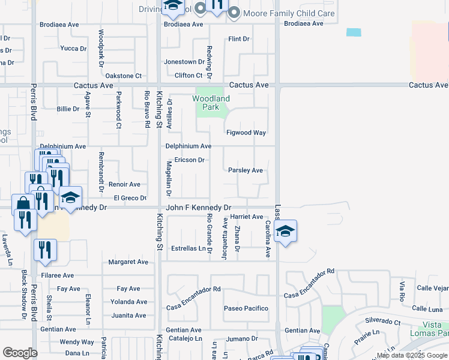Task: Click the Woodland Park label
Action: pyautogui.click(x=211, y=103)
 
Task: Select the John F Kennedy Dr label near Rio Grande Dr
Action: pyautogui.click(x=198, y=208)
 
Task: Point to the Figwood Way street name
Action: pyautogui.click(x=246, y=133)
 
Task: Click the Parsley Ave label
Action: pyautogui.click(x=246, y=170)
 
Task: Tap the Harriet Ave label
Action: pyautogui.click(x=247, y=217)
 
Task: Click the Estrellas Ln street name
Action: pyautogui.click(x=188, y=248)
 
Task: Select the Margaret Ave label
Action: pyautogui.click(x=128, y=262)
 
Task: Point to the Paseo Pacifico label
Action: pyautogui.click(x=246, y=308)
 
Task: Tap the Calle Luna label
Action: pyautogui.click(x=428, y=308)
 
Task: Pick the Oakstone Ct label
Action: pyautogui.click(x=123, y=76)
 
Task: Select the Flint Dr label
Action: pyautogui.click(x=238, y=39)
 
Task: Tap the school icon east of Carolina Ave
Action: pyautogui.click(x=286, y=230)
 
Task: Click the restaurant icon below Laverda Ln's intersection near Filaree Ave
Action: pyautogui.click(x=46, y=249)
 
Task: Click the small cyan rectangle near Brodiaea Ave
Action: pyautogui.click(x=354, y=32)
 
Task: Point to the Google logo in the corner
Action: pyautogui.click(x=20, y=353)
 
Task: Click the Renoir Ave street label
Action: pyautogui.click(x=124, y=184)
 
